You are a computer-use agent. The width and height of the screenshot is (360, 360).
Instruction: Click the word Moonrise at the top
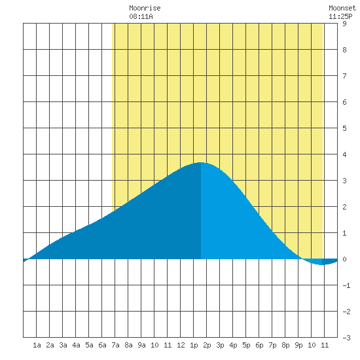tap(145, 8)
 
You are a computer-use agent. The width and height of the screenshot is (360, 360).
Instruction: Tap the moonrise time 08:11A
tap(141, 16)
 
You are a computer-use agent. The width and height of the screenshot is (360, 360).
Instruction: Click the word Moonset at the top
tap(342, 8)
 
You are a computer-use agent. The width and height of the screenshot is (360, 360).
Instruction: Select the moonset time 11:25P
tap(340, 16)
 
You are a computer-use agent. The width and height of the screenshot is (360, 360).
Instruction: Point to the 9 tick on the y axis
tap(344, 24)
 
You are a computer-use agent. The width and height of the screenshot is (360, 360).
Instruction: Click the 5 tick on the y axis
tap(344, 128)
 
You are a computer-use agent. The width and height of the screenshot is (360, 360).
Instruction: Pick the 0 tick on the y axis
tap(344, 259)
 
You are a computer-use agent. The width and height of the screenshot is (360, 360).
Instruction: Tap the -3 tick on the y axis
tap(346, 338)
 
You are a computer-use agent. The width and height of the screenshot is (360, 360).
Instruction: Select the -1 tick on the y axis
tap(346, 285)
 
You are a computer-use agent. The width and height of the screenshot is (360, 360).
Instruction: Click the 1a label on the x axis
tap(37, 345)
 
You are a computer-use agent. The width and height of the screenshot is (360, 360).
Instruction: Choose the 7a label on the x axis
tap(115, 345)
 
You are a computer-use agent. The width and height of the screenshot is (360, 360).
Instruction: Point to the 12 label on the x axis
tap(181, 345)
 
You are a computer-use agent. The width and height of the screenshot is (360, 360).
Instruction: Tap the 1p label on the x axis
tap(194, 345)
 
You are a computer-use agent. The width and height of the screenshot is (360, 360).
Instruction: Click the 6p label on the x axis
tap(259, 345)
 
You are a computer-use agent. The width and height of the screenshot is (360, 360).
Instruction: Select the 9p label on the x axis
tap(298, 345)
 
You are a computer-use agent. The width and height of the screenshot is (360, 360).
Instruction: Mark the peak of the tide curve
tap(201, 162)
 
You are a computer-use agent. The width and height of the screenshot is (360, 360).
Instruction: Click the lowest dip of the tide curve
tap(322, 264)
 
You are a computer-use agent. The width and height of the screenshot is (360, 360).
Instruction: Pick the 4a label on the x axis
tap(76, 345)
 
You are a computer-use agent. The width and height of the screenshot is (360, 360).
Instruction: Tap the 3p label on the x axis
tap(220, 345)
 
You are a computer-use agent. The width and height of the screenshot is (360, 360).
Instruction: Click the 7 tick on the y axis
tap(344, 76)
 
